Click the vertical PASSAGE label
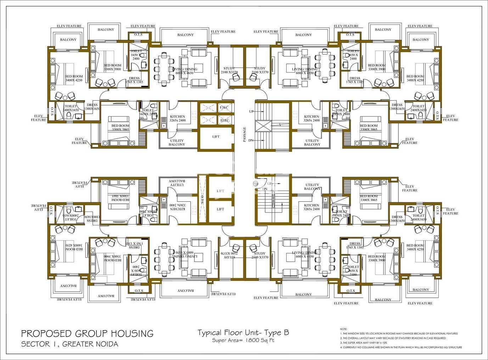[x=244, y=135]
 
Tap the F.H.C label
[x=224, y=107]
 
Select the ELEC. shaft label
[x=225, y=120]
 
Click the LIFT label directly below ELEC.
[x=216, y=136]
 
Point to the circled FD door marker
[x=255, y=184]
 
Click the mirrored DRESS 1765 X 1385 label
[x=134, y=246]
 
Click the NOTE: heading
[x=343, y=329]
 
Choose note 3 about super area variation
[x=364, y=343]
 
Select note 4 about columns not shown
[x=401, y=347]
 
